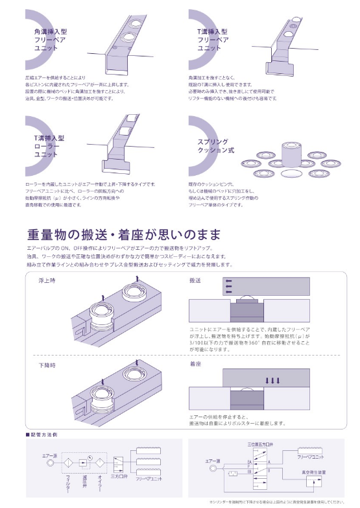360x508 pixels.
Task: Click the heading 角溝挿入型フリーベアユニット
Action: click(x=47, y=38)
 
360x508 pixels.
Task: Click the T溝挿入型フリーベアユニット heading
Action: click(x=212, y=39)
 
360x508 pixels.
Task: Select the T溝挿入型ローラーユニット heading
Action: click(x=49, y=147)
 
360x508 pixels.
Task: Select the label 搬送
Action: click(x=195, y=280)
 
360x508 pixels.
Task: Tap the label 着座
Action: click(x=195, y=366)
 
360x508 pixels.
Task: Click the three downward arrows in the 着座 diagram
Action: click(x=272, y=381)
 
